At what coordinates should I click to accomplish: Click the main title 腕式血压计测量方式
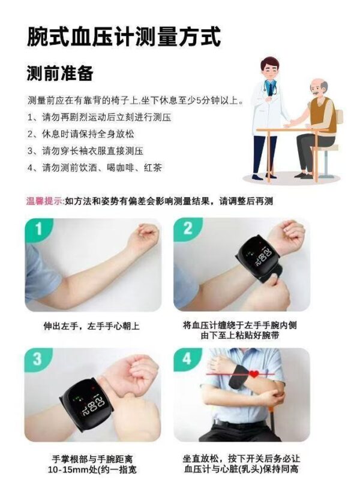tap(124, 37)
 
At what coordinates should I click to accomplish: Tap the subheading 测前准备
tap(60, 73)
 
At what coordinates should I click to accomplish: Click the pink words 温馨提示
tap(45, 201)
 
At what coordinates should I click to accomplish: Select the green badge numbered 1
tap(38, 229)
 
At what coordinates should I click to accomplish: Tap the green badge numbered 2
tap(187, 229)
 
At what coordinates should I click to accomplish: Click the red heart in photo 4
tap(254, 373)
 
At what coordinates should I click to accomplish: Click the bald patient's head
tap(319, 88)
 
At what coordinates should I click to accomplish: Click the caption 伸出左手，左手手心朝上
tap(91, 326)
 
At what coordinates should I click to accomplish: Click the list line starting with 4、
tap(95, 168)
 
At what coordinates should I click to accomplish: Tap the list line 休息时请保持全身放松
tap(81, 134)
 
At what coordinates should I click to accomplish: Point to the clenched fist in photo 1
tap(145, 234)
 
